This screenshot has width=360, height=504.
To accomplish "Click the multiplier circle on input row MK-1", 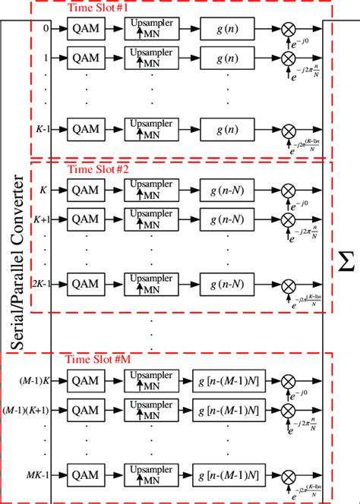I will (x=289, y=476).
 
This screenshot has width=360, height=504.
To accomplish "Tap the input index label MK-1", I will (x=36, y=476).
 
